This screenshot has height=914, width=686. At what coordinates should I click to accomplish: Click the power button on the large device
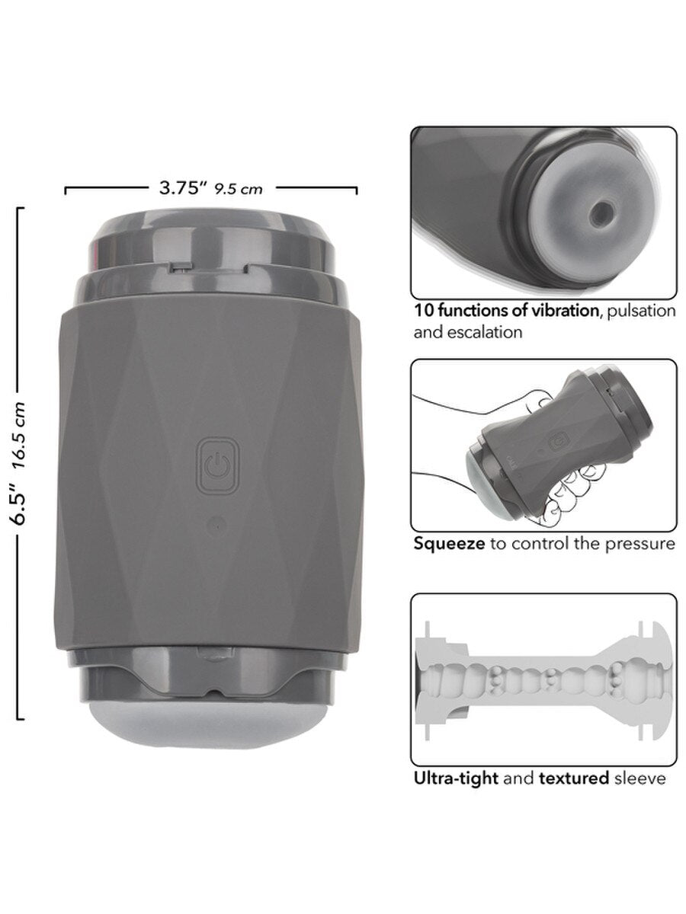pos(217,465)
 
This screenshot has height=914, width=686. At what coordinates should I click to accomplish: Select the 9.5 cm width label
pos(239,190)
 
